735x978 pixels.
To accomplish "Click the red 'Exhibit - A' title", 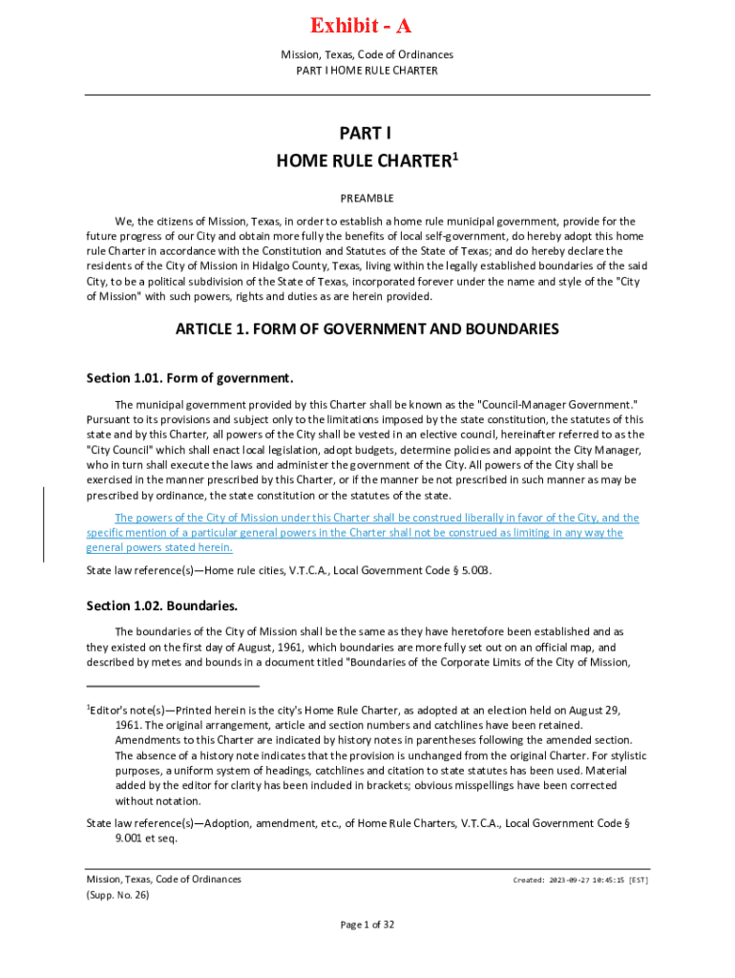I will (x=367, y=25).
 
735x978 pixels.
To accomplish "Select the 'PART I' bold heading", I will (x=367, y=135).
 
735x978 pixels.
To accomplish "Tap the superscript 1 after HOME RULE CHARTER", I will (x=455, y=155).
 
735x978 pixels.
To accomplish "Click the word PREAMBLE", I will (x=367, y=198).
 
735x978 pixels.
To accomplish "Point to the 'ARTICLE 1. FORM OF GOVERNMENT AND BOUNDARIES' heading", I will (x=367, y=330).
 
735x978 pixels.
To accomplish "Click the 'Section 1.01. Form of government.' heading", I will (x=189, y=377).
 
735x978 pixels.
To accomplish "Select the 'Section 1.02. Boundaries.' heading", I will (x=161, y=606).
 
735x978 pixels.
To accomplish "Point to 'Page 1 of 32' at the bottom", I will (x=367, y=925).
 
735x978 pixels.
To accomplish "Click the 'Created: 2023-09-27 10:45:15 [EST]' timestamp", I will (x=580, y=880).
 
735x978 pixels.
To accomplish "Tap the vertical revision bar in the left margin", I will (x=44, y=524).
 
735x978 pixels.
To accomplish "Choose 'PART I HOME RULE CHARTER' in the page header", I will (x=367, y=71).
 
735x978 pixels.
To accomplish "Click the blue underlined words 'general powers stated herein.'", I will (x=159, y=547).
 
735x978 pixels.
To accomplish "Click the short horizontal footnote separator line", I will (x=173, y=685).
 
